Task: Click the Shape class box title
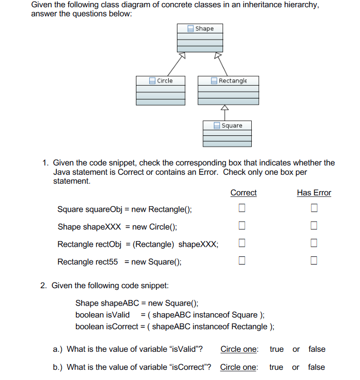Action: (204, 29)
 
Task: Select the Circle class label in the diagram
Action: (165, 81)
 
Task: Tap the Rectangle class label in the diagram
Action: (232, 81)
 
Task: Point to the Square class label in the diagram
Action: (232, 126)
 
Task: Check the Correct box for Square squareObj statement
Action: (242, 208)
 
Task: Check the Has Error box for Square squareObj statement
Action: (314, 208)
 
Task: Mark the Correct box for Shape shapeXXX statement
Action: (242, 226)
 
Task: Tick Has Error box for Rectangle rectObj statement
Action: (314, 243)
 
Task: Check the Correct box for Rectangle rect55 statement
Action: (242, 261)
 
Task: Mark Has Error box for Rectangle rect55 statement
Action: (314, 261)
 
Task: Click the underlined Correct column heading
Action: (243, 193)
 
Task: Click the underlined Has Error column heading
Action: (314, 193)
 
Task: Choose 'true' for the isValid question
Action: (276, 349)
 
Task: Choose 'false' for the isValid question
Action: (316, 349)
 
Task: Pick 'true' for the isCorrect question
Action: (276, 367)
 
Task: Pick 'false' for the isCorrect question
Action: (316, 367)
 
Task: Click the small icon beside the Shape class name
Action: (190, 29)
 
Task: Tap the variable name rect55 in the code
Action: (107, 262)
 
